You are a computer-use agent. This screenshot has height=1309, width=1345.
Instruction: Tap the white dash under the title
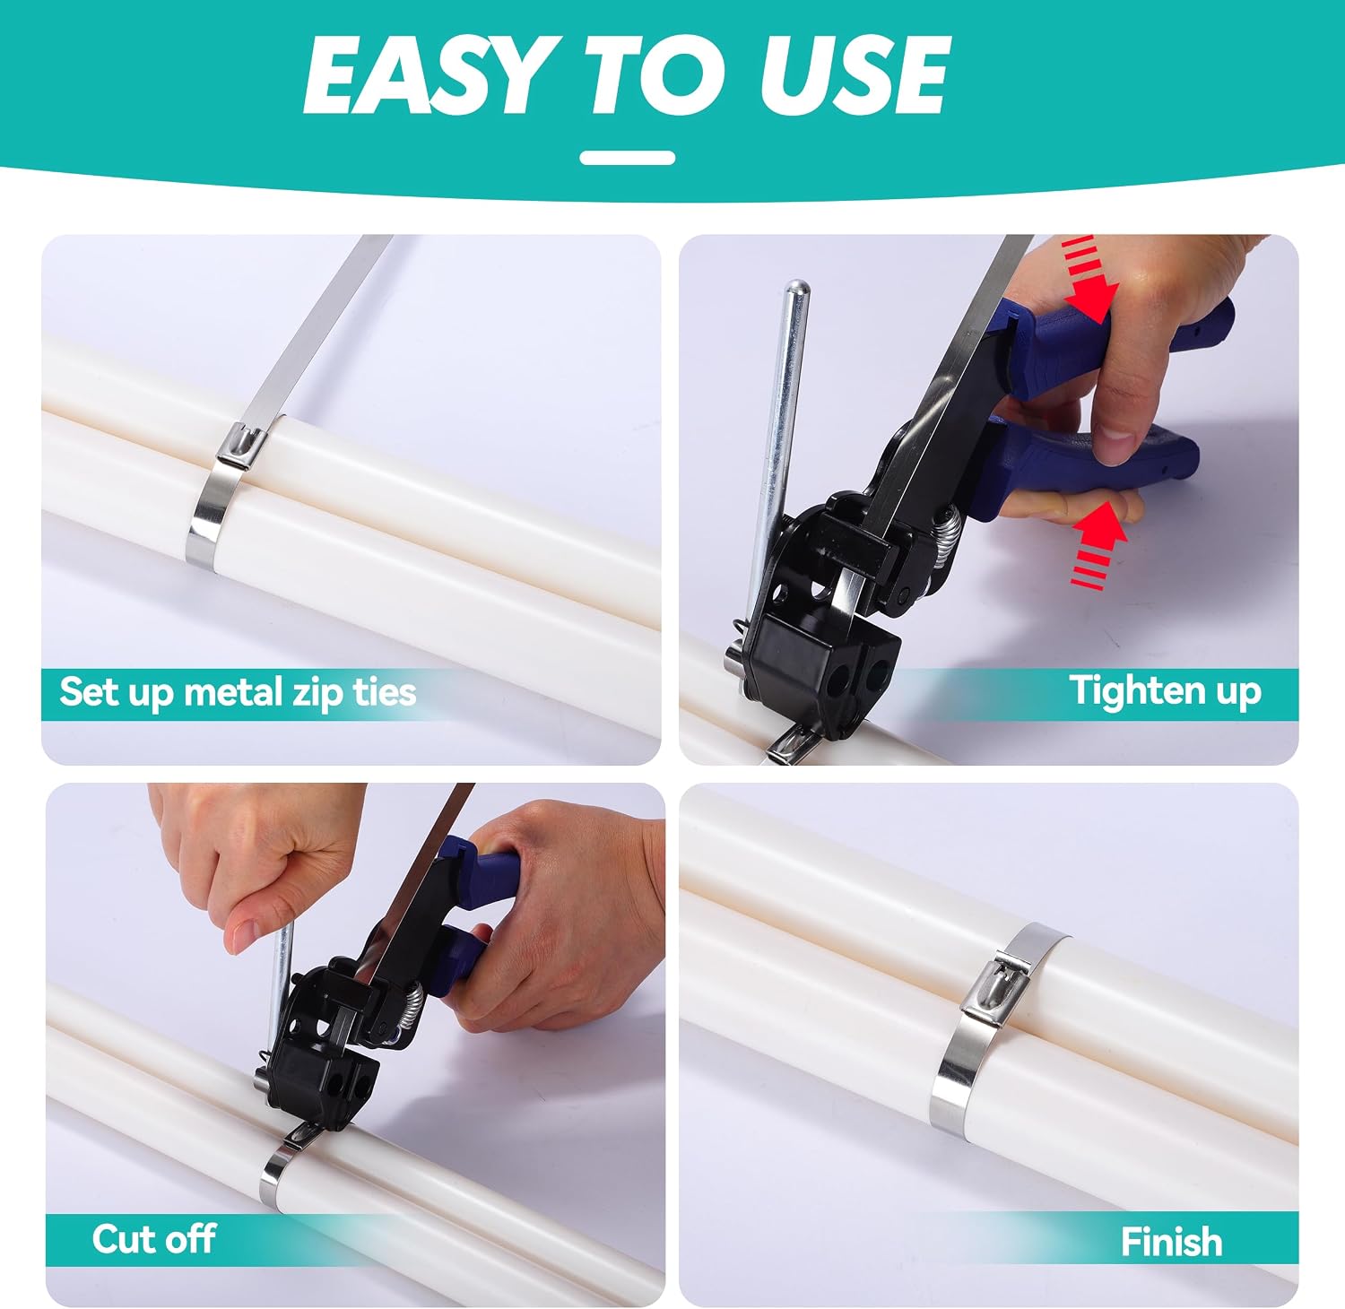627,158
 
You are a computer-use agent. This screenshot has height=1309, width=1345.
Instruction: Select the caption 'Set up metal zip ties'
238,692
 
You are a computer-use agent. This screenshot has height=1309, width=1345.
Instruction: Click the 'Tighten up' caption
1165,691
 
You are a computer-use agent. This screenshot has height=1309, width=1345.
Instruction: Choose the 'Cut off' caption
153,1238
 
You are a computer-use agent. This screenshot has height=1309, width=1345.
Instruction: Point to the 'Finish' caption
1171,1242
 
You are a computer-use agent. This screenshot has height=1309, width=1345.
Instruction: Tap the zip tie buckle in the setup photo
242,446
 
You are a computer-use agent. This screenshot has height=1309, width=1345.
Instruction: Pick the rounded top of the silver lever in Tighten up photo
795,290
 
